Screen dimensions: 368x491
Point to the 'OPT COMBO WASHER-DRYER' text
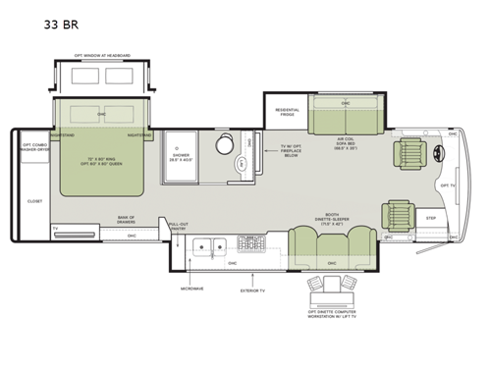(36, 147)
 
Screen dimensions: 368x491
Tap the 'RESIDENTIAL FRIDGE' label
(287, 112)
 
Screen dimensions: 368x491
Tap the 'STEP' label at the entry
(430, 218)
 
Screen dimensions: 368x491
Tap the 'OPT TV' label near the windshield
(448, 184)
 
